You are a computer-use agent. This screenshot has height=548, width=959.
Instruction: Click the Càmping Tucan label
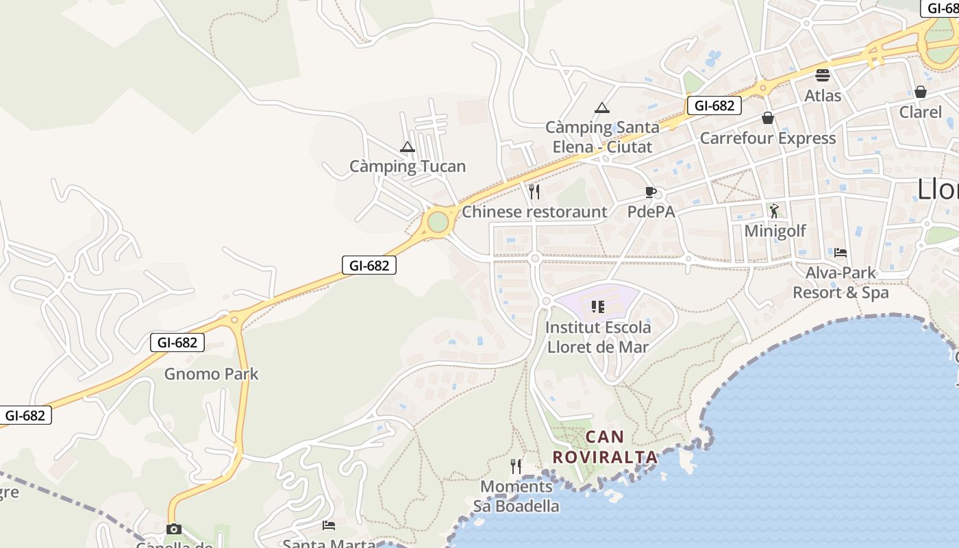pos(408,166)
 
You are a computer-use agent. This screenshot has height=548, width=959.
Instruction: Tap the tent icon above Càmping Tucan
pos(408,147)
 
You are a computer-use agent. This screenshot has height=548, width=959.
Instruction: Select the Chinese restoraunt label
pos(534,212)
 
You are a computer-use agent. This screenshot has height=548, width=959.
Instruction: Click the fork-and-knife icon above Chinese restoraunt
pos(534,191)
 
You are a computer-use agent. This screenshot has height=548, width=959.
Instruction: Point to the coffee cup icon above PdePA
pos(650,192)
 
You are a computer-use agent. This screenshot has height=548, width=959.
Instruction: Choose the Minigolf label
pos(775,231)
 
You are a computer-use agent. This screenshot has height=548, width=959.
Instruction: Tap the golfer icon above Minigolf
pos(774,210)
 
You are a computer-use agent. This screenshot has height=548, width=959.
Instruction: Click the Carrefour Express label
pos(768,138)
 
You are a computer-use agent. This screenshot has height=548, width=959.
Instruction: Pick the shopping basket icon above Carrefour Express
pos(768,118)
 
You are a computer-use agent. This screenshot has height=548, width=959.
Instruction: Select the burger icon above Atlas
pos(823,75)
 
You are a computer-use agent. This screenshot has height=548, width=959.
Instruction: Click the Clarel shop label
pos(920,112)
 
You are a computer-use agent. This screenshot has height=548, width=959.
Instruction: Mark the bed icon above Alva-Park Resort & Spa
pos(840,252)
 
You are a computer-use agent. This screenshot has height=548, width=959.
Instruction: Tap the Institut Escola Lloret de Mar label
pos(598,337)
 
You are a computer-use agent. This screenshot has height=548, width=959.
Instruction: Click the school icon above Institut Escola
pos(598,306)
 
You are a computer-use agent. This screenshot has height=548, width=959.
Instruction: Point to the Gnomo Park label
pos(212,374)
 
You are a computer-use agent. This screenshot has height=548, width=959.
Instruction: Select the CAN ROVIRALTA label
pos(605,447)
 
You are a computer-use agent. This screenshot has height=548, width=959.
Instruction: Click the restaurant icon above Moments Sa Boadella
pos(516,466)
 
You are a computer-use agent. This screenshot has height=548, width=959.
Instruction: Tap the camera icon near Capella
pos(174,529)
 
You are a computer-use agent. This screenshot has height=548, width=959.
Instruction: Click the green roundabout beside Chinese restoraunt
pos(438,222)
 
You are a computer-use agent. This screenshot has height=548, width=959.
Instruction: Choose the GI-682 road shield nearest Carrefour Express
pos(714,105)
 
